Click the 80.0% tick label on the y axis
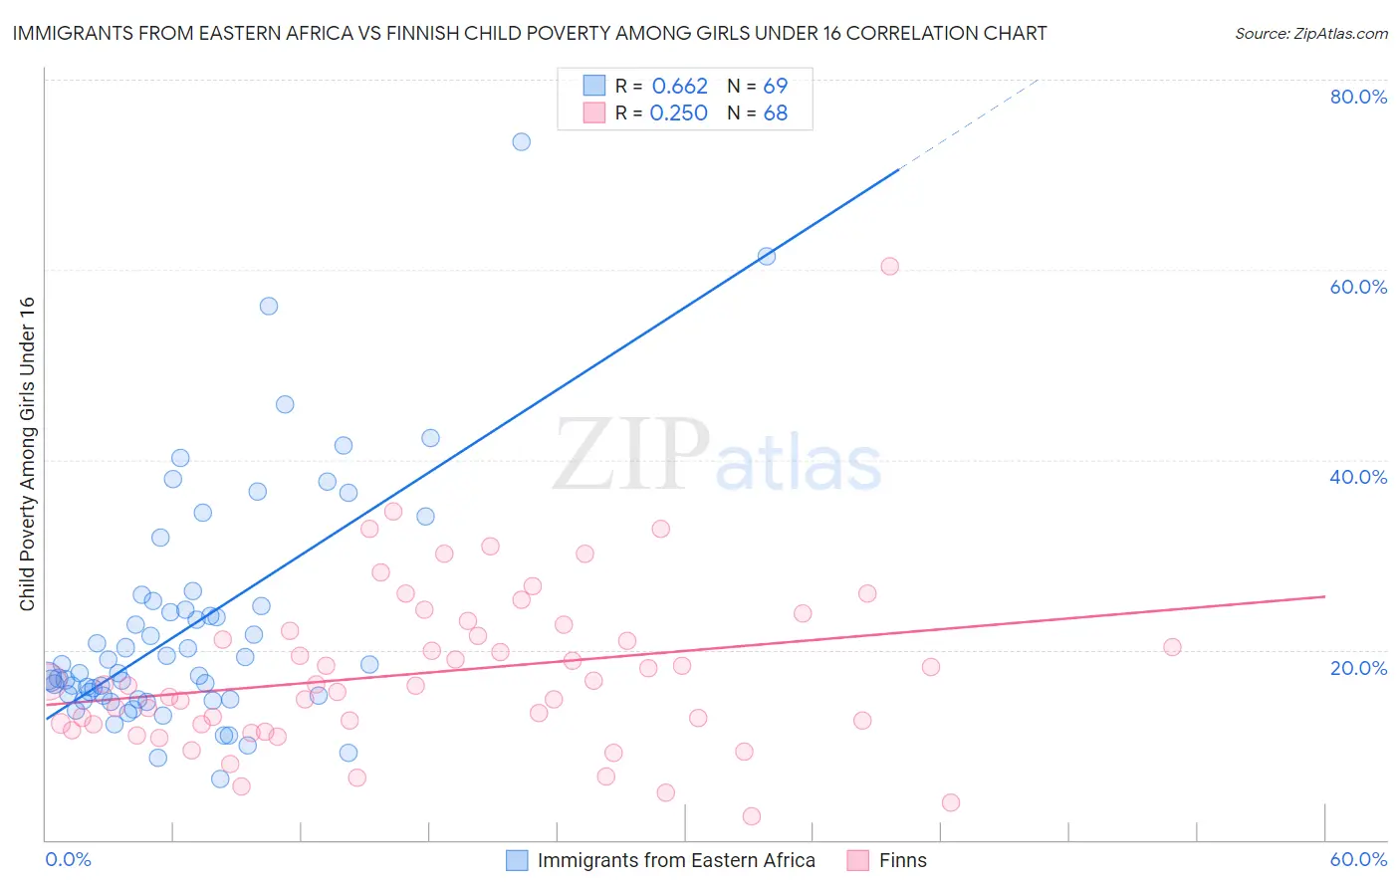tap(1358, 97)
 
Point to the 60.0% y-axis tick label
tap(1358, 287)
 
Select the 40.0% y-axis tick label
tap(1358, 477)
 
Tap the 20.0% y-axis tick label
tap(1358, 667)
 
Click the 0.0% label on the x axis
tap(68, 859)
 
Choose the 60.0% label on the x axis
tap(1358, 859)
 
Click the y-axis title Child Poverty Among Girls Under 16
tap(27, 454)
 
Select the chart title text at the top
tap(530, 33)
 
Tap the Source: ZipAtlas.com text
tap(1310, 33)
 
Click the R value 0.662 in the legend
tap(679, 87)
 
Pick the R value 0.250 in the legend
tap(678, 113)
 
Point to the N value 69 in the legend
tap(775, 87)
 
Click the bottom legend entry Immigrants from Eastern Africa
tap(676, 860)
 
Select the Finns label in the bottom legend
tap(902, 860)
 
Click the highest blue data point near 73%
tap(521, 141)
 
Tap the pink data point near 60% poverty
tap(889, 266)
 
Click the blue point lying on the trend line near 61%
tap(767, 256)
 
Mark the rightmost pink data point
tap(1172, 647)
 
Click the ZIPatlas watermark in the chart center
tap(717, 456)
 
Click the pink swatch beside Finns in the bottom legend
tap(857, 860)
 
